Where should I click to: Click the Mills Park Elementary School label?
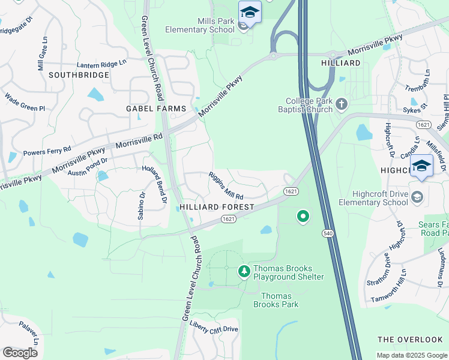pyautogui.click(x=207, y=25)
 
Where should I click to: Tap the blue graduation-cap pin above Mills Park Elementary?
pyautogui.click(x=250, y=13)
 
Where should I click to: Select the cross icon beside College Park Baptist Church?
pyautogui.click(x=342, y=104)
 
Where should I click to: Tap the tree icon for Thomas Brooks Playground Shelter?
pyautogui.click(x=244, y=272)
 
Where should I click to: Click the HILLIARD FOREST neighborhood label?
pyautogui.click(x=217, y=206)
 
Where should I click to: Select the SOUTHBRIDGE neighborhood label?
pyautogui.click(x=79, y=75)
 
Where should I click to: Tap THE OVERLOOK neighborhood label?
pyautogui.click(x=411, y=340)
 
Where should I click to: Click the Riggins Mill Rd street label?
pyautogui.click(x=226, y=186)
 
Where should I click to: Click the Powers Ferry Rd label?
pyautogui.click(x=47, y=151)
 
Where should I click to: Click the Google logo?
pyautogui.click(x=20, y=353)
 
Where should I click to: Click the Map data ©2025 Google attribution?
pyautogui.click(x=411, y=355)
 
